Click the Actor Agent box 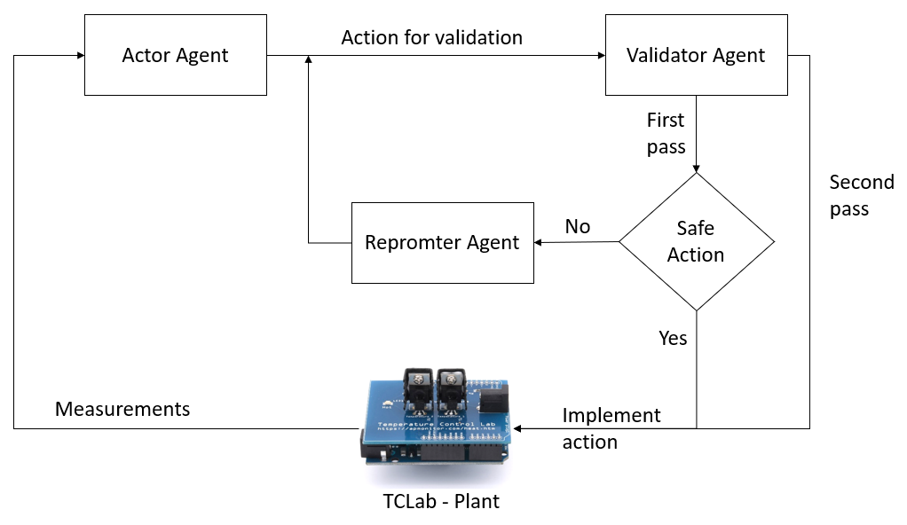(x=175, y=55)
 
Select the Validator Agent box (x=696, y=55)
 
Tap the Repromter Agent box (x=442, y=242)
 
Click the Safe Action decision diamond (x=696, y=241)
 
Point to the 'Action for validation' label (x=431, y=37)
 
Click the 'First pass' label (x=666, y=133)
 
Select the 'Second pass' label (x=861, y=195)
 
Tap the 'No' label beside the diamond (x=577, y=227)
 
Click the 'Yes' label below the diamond (x=673, y=338)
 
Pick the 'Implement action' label (x=611, y=428)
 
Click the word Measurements (x=122, y=409)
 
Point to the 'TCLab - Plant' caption (x=441, y=501)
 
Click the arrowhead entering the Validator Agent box (x=600, y=56)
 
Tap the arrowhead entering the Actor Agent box (x=79, y=56)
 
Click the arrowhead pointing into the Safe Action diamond (x=696, y=168)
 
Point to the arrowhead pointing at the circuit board (x=518, y=428)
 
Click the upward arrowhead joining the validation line (x=308, y=60)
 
